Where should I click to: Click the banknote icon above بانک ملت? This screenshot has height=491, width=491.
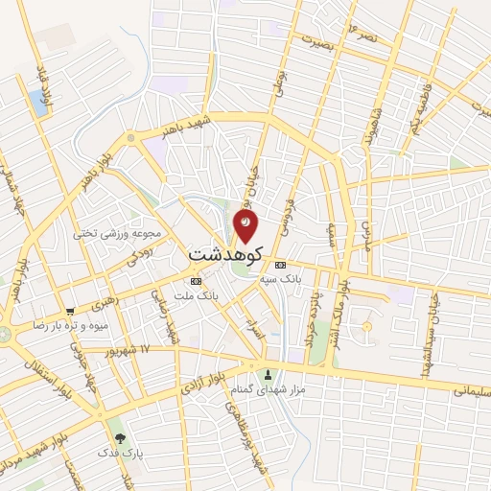coord(197,281)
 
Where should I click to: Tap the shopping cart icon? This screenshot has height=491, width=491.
coord(71,311)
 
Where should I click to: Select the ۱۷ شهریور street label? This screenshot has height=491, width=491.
coord(131,348)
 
